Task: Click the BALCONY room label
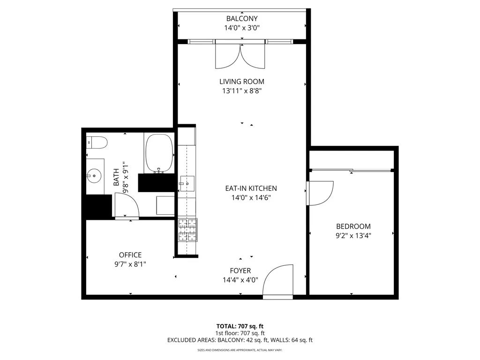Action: click(242, 19)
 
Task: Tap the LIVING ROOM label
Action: click(242, 82)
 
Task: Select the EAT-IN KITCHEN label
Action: click(251, 188)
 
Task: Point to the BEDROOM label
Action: click(353, 226)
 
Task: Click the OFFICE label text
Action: click(130, 255)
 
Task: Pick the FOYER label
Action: click(240, 271)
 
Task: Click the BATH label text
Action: click(116, 178)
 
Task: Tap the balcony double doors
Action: click(240, 55)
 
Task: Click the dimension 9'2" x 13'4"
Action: click(353, 235)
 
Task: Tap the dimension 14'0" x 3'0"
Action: click(242, 28)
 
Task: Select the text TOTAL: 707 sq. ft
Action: click(240, 326)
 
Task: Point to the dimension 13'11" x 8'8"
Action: click(242, 91)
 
